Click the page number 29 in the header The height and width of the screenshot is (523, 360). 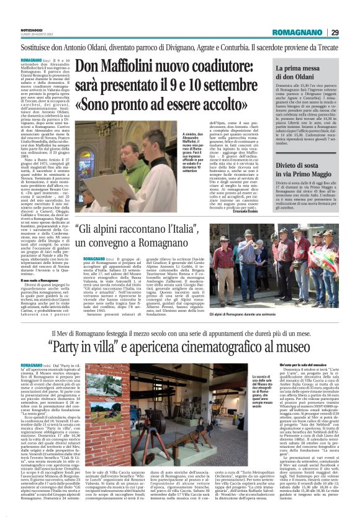(x=335, y=33)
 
